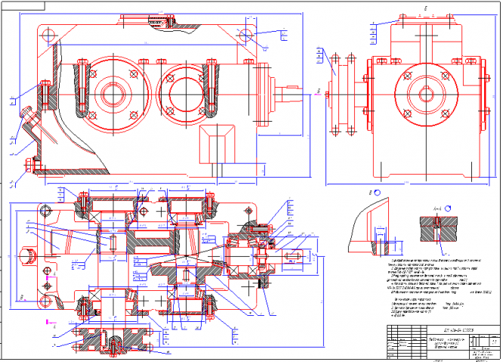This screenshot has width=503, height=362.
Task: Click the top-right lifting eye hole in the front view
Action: pos(244,35)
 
